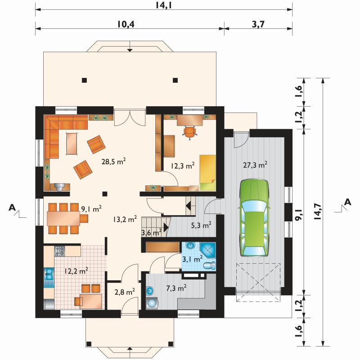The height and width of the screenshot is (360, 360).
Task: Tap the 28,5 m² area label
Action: click(114, 162)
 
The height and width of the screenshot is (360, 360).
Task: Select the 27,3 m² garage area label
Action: click(255, 165)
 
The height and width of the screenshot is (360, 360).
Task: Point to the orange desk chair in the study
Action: click(189, 133)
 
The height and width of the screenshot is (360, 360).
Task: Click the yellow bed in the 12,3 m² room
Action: click(207, 173)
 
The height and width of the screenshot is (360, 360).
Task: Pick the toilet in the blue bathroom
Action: click(209, 265)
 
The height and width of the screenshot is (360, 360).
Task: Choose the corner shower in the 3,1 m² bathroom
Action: click(207, 250)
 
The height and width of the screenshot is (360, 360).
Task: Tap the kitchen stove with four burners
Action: click(60, 251)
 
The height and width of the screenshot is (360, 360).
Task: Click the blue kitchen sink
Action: click(49, 277)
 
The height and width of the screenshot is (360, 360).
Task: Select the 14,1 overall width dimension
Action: click(164, 5)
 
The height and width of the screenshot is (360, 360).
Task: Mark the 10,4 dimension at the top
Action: click(126, 24)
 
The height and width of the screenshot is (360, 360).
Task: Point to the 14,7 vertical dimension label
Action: click(318, 212)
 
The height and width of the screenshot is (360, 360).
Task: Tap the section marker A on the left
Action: click(12, 208)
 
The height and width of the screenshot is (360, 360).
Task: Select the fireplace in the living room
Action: click(60, 187)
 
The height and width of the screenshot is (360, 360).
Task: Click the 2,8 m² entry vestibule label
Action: click(125, 292)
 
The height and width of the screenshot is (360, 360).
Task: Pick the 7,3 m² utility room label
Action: click(176, 288)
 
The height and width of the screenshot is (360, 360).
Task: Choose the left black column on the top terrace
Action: click(85, 80)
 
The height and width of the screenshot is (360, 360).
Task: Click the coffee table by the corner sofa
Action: click(72, 144)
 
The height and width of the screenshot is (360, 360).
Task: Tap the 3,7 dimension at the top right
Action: click(258, 24)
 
